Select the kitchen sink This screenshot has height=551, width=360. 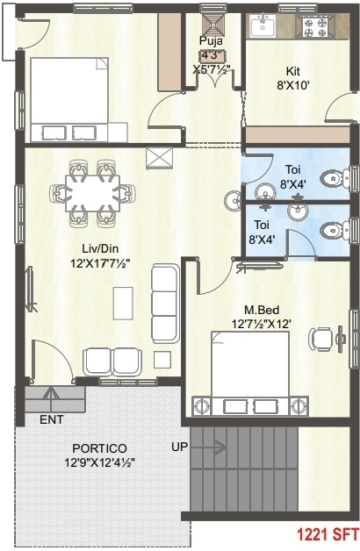263,26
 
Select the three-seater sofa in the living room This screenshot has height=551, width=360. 164,302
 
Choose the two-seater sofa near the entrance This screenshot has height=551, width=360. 112,361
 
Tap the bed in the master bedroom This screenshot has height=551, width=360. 252,373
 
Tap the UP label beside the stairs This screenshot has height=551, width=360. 180,447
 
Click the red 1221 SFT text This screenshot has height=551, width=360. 326,532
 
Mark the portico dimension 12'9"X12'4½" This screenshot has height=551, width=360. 97,462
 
